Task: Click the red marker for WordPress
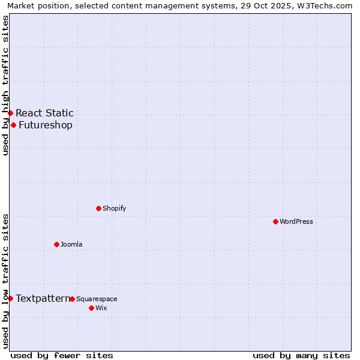pos(275,221)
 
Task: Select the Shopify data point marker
pos(98,208)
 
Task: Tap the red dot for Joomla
pos(56,244)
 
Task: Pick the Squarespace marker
pos(72,299)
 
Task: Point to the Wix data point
pos(91,308)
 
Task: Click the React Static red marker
pos(10,113)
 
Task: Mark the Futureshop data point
pos(13,125)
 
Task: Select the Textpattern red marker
pos(10,298)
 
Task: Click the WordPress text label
pos(296,221)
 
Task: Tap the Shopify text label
pos(114,208)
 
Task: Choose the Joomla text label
pos(71,244)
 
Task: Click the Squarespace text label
pos(97,299)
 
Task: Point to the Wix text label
pos(101,308)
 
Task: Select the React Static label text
pos(44,113)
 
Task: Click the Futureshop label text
pos(46,125)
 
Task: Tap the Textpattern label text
pos(42,298)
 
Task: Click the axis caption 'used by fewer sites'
pos(62,355)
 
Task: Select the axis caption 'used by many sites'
pos(301,355)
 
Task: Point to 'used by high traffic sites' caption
pos(5,85)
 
